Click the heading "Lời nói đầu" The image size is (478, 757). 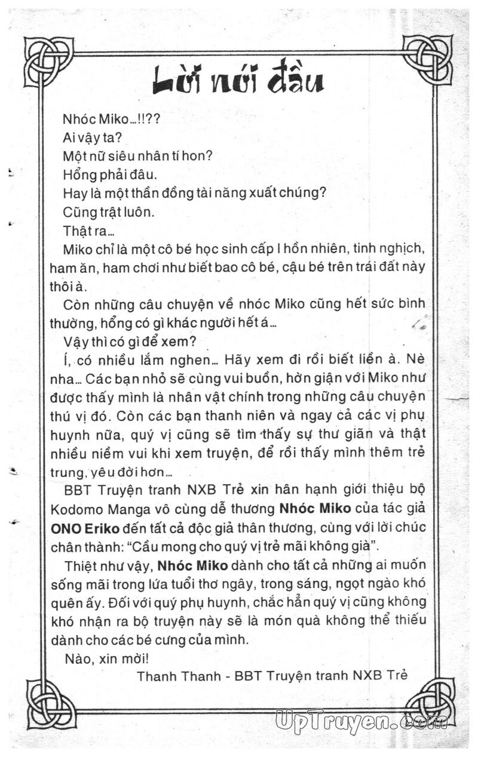(x=238, y=81)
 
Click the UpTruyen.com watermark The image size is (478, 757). (x=361, y=722)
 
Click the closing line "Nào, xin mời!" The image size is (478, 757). (x=101, y=658)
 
